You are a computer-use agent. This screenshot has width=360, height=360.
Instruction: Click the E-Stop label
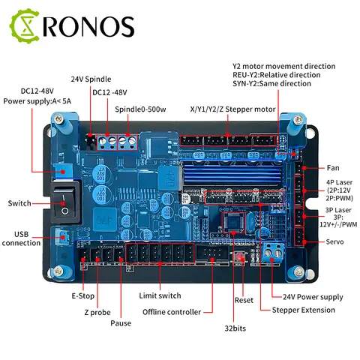(x=82, y=295)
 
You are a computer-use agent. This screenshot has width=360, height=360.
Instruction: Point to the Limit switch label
(x=160, y=295)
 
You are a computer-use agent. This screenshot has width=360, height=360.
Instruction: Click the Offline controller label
(x=170, y=312)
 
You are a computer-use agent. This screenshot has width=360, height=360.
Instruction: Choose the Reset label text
(x=244, y=299)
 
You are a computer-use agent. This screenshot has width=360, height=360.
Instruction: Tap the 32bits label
(x=235, y=328)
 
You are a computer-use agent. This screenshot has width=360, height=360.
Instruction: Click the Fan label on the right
(x=333, y=168)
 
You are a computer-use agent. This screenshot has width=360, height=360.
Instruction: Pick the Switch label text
(x=19, y=203)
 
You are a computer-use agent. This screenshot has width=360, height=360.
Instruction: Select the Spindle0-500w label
(x=141, y=110)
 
